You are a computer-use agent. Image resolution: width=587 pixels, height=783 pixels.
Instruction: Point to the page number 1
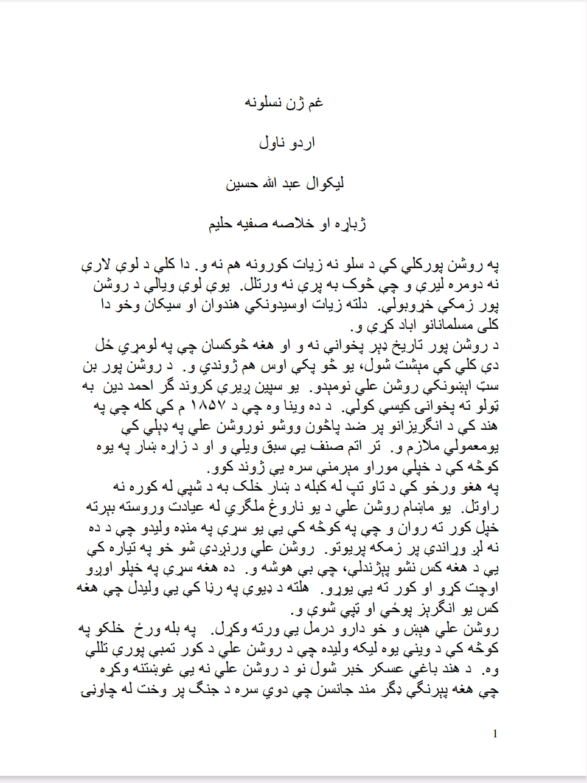(x=496, y=734)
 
